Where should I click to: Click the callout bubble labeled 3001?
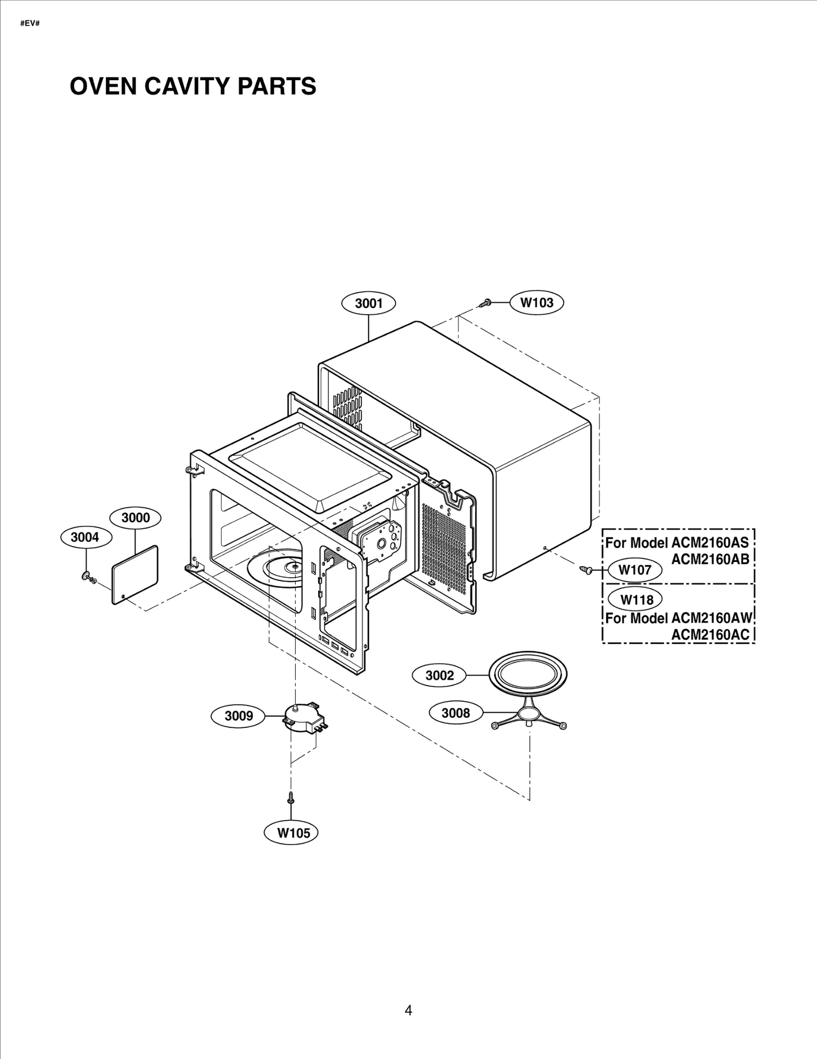369,303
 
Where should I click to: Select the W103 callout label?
537,302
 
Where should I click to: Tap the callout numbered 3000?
135,517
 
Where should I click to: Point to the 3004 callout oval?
85,537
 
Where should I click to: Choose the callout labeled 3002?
440,675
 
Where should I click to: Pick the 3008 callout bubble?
455,712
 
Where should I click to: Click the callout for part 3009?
239,716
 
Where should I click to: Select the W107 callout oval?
635,570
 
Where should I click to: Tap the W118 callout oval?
636,599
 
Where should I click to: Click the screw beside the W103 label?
486,302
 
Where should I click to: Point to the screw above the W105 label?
291,797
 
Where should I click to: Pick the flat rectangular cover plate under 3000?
135,575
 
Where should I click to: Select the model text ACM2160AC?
710,634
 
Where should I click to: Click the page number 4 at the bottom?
408,1010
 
